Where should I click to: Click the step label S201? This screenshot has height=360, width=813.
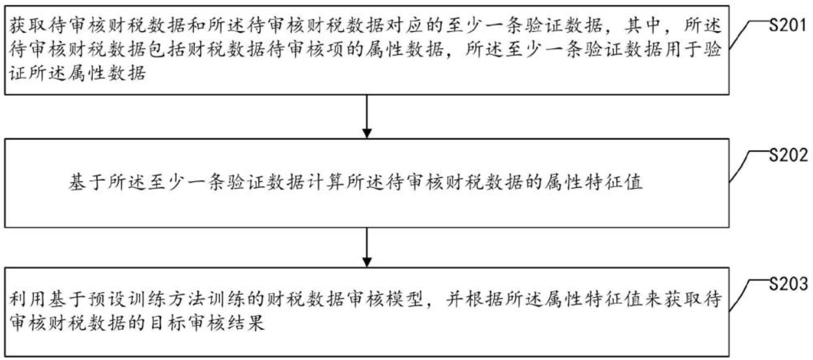tap(788, 25)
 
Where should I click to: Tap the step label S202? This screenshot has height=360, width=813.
tap(788, 155)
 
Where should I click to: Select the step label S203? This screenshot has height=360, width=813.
tap(788, 284)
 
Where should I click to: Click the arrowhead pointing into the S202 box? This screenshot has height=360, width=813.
tap(367, 133)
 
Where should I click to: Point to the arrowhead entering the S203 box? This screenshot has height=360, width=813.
tap(367, 262)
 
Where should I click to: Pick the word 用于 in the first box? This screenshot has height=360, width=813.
tap(682, 50)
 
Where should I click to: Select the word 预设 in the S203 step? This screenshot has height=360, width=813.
tap(108, 299)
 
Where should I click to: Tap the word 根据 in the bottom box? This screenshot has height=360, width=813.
tap(485, 299)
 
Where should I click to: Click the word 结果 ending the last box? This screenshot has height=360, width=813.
tap(247, 323)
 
